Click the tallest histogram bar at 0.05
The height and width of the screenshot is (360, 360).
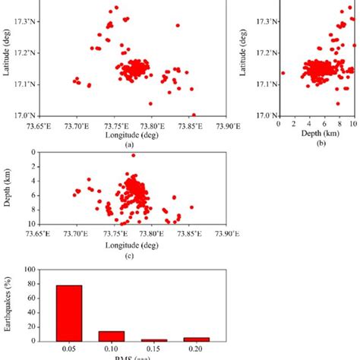[x=70, y=313]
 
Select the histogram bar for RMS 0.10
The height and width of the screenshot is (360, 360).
[x=112, y=336]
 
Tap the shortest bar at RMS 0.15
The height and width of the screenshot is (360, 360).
[x=155, y=339]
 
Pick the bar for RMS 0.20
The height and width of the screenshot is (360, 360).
[x=197, y=339]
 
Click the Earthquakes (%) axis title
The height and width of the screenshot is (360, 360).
[x=8, y=304]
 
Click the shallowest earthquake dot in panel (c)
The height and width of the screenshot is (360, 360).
[x=133, y=156]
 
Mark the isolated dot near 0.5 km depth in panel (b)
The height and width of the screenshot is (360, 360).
[x=283, y=73]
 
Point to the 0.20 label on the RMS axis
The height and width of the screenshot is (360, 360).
[x=197, y=350]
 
